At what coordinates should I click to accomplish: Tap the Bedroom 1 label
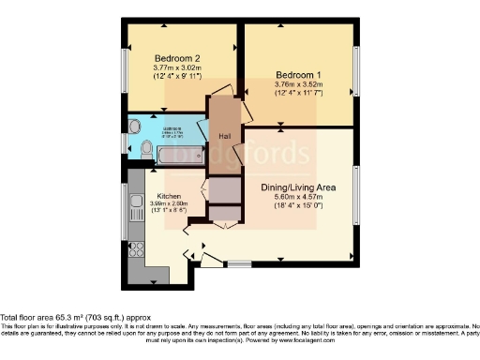(298, 73)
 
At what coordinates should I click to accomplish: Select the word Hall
(225, 136)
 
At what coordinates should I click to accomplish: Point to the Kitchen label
(156, 196)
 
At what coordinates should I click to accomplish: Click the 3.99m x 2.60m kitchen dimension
(156, 204)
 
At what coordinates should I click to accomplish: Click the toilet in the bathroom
(146, 148)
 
